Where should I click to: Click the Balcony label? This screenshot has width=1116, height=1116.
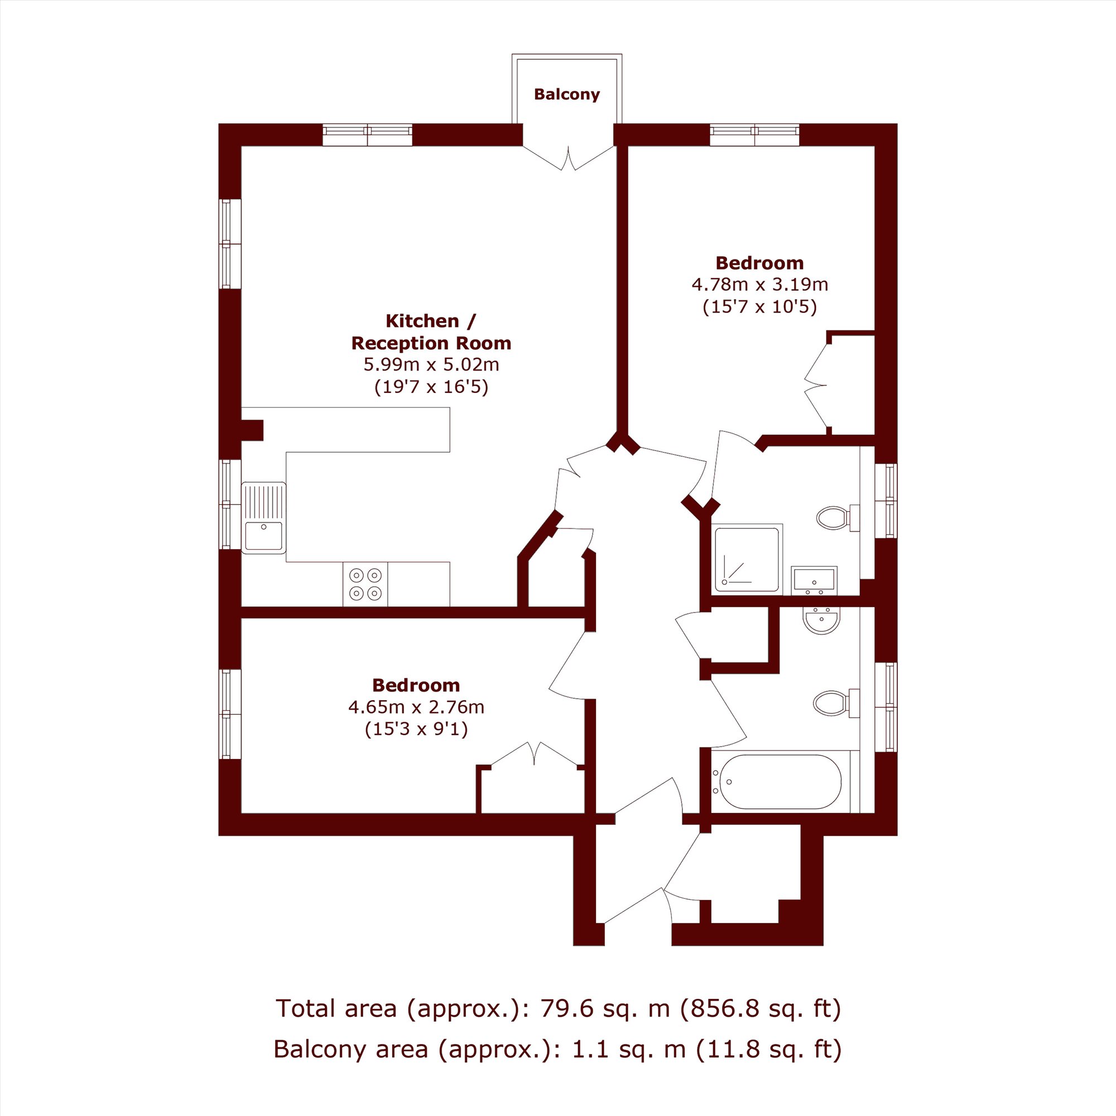click(567, 94)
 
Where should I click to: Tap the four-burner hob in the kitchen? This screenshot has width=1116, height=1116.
click(365, 584)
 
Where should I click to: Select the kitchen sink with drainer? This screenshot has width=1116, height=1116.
click(264, 518)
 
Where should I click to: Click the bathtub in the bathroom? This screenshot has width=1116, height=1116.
click(776, 782)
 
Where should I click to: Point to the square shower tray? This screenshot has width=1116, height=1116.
click(748, 559)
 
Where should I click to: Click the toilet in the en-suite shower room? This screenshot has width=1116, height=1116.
click(838, 518)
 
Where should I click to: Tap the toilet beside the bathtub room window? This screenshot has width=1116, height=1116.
click(836, 704)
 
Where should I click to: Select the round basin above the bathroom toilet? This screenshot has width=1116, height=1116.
click(821, 620)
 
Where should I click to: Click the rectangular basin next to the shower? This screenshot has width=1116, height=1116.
click(814, 580)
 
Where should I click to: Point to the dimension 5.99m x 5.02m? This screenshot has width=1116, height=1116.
click(431, 364)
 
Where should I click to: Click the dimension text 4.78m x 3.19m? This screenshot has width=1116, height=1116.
click(759, 284)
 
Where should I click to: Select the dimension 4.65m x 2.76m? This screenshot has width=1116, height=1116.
click(416, 706)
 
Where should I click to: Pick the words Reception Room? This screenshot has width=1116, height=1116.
click(431, 343)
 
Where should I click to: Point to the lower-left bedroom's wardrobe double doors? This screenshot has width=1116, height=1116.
click(535, 755)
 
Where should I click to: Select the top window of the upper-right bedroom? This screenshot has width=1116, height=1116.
click(754, 135)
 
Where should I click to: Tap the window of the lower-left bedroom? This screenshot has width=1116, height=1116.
click(230, 714)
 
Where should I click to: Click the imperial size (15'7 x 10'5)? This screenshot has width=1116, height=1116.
click(759, 306)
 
